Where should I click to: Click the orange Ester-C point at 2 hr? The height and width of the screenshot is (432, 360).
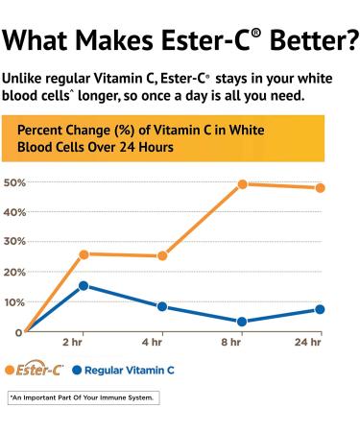84,254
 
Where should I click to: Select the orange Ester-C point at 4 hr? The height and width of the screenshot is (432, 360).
162,256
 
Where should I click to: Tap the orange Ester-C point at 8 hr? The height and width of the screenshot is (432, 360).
242,184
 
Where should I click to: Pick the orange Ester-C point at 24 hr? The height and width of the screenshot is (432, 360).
320,188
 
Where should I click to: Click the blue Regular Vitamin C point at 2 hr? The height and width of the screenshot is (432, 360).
84,285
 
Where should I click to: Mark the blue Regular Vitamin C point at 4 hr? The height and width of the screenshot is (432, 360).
162,307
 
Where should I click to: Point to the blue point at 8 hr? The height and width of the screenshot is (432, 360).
242,322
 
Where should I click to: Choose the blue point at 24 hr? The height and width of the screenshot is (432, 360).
320,309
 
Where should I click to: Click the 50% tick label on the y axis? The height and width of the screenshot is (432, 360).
13,182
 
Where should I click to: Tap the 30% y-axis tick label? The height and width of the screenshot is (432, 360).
13,242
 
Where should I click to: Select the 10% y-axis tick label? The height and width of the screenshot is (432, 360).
13,302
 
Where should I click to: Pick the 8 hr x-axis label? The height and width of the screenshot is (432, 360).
230,343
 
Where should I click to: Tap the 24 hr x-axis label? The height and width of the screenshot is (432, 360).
308,343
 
